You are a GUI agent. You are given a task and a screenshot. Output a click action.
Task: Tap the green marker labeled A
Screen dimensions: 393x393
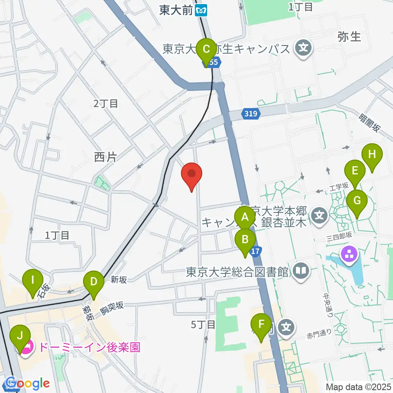245,217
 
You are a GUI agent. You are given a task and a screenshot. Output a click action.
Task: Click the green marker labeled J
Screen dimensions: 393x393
19,338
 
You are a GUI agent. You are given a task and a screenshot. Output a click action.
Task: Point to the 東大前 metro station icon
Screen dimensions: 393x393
201,10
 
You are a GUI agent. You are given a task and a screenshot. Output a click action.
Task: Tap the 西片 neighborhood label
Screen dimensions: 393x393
106,157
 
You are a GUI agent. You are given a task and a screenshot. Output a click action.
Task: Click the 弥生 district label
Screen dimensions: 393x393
349,36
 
